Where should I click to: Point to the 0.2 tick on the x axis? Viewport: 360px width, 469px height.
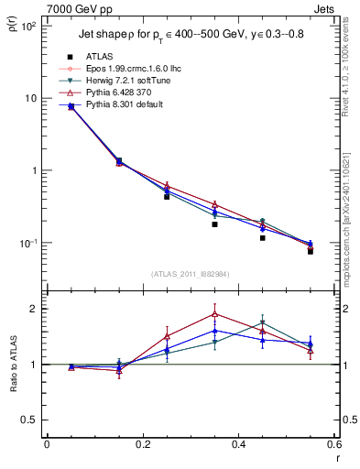143,444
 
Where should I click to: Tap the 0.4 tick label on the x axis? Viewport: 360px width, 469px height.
239,444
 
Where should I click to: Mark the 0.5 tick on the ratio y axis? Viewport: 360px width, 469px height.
32,420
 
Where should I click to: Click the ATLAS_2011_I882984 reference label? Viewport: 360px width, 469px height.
191,273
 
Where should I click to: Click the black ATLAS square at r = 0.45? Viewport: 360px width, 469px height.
262,238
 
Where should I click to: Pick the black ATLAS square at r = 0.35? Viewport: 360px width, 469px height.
214,224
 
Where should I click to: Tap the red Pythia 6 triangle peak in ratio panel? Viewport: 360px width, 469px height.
214,313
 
